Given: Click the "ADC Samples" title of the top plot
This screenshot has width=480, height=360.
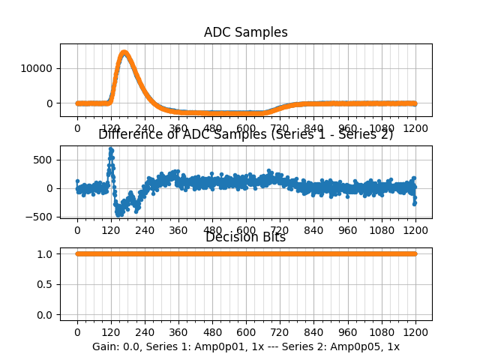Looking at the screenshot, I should point(245,32).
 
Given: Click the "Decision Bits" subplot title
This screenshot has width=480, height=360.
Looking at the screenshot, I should point(245,237).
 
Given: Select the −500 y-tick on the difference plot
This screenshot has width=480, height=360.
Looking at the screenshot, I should point(42,217).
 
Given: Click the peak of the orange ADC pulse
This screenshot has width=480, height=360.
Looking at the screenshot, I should point(124,52).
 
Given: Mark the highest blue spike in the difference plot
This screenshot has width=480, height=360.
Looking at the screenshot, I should point(111,150).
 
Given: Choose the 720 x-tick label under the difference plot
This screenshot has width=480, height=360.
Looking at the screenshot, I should point(280,230).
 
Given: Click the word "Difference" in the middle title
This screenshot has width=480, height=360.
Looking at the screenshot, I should point(128,134).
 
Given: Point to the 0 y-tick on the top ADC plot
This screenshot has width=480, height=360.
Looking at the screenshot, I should point(51,103).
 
